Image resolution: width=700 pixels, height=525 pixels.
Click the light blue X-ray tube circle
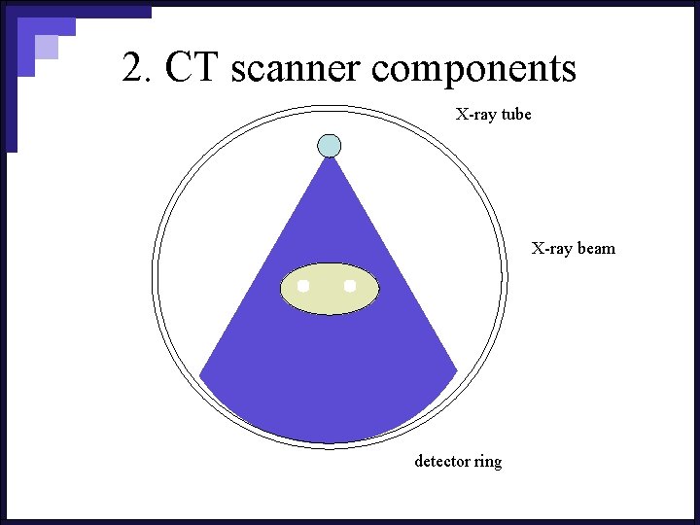point(330,146)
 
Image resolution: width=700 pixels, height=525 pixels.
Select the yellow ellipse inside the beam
point(330,289)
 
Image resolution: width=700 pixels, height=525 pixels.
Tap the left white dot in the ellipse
point(303,286)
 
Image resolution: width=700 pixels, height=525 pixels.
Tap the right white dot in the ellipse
point(350,286)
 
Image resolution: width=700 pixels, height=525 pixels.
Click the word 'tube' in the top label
point(516,115)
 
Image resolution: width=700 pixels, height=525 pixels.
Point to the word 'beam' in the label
point(596,249)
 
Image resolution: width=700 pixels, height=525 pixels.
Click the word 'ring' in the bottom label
point(488,462)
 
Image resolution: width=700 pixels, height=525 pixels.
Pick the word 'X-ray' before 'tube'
point(476,115)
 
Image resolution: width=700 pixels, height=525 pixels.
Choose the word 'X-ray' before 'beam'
point(551,249)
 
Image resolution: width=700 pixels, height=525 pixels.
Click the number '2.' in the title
point(138,68)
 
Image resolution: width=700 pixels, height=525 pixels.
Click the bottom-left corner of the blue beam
point(201,374)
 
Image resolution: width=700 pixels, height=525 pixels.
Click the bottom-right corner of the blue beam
point(456,372)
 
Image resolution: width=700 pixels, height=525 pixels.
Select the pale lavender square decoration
point(46,47)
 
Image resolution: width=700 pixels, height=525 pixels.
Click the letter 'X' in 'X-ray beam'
point(537,249)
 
